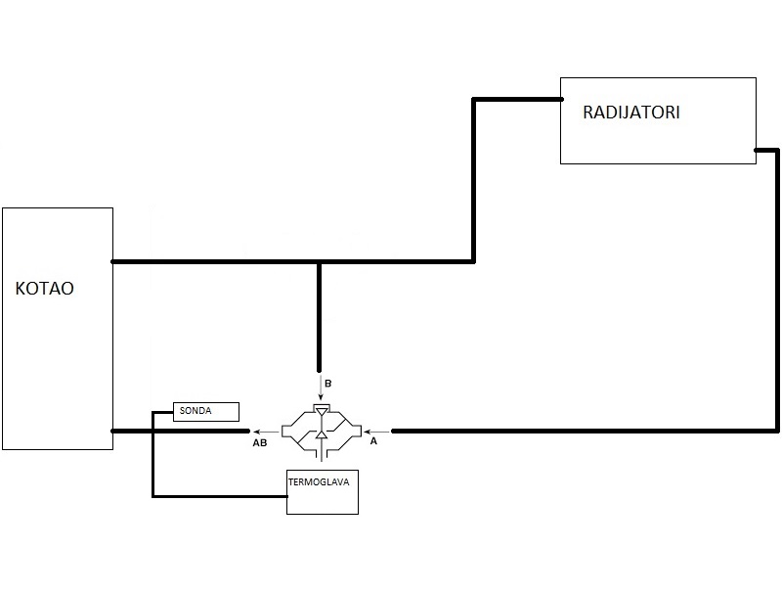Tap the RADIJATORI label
coord(630,112)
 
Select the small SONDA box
coord(205,411)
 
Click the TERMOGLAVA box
coord(322,492)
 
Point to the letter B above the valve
coord(327,385)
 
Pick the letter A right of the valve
coord(372,442)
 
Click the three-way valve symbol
coord(320,431)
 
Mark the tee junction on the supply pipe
coord(320,262)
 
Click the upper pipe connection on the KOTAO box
coord(114,262)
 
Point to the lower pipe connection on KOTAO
coord(114,431)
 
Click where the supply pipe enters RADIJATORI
coord(561,99)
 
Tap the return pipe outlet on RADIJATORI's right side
coord(757,150)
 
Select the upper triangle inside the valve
coord(320,411)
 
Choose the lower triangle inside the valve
coord(320,433)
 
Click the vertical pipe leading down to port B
coord(320,313)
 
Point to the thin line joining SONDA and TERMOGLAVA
coord(153,460)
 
